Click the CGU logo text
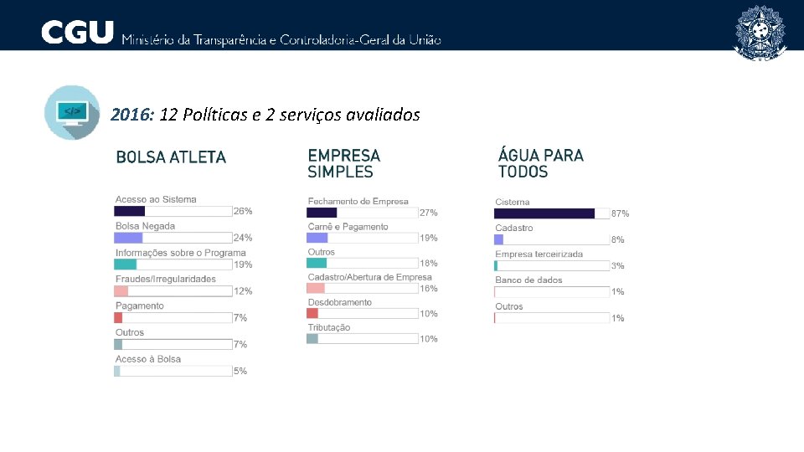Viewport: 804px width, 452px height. (x=77, y=33)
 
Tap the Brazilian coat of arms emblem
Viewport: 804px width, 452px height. (x=760, y=33)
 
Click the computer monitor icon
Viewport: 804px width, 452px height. (x=72, y=111)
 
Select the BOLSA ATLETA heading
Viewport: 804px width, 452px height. (x=171, y=157)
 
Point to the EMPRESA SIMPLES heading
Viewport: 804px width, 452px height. (x=343, y=163)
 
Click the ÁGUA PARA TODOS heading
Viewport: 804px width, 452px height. (x=540, y=163)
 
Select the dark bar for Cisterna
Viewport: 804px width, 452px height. (x=544, y=213)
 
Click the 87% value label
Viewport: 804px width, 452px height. (x=620, y=214)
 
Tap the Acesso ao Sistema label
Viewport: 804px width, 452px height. (x=156, y=199)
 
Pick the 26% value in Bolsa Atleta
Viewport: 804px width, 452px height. (x=243, y=211)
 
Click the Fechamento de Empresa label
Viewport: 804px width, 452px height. (x=358, y=201)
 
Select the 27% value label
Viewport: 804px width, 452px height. (x=428, y=213)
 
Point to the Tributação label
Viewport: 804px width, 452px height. (x=328, y=327)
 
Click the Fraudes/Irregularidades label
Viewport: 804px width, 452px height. (x=165, y=279)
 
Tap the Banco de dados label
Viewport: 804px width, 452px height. (x=528, y=280)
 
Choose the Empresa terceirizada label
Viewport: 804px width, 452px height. (x=539, y=254)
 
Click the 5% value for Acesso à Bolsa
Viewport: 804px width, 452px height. (x=240, y=371)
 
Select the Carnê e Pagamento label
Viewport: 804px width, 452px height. (x=348, y=226)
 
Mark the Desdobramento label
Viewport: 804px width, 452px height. (x=339, y=302)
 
